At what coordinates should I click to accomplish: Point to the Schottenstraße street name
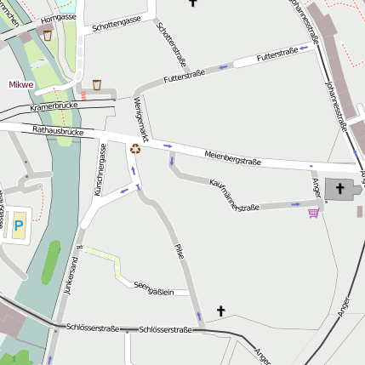pos(171,44)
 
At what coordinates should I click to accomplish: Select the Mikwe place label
pos(20,85)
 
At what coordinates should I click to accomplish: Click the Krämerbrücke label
pos(53,106)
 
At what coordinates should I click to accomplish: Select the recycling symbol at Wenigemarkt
pos(135,149)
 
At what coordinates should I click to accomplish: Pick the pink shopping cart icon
pos(314,212)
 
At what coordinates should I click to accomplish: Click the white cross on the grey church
pos(341,188)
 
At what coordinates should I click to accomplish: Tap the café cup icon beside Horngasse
pos(48,35)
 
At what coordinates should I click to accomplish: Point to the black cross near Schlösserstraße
pos(222,311)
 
